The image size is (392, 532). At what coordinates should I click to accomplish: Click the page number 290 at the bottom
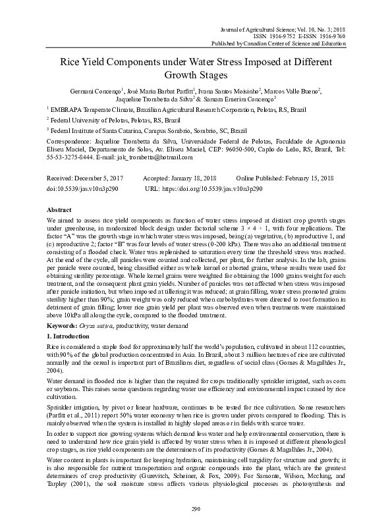tap(196, 509)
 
